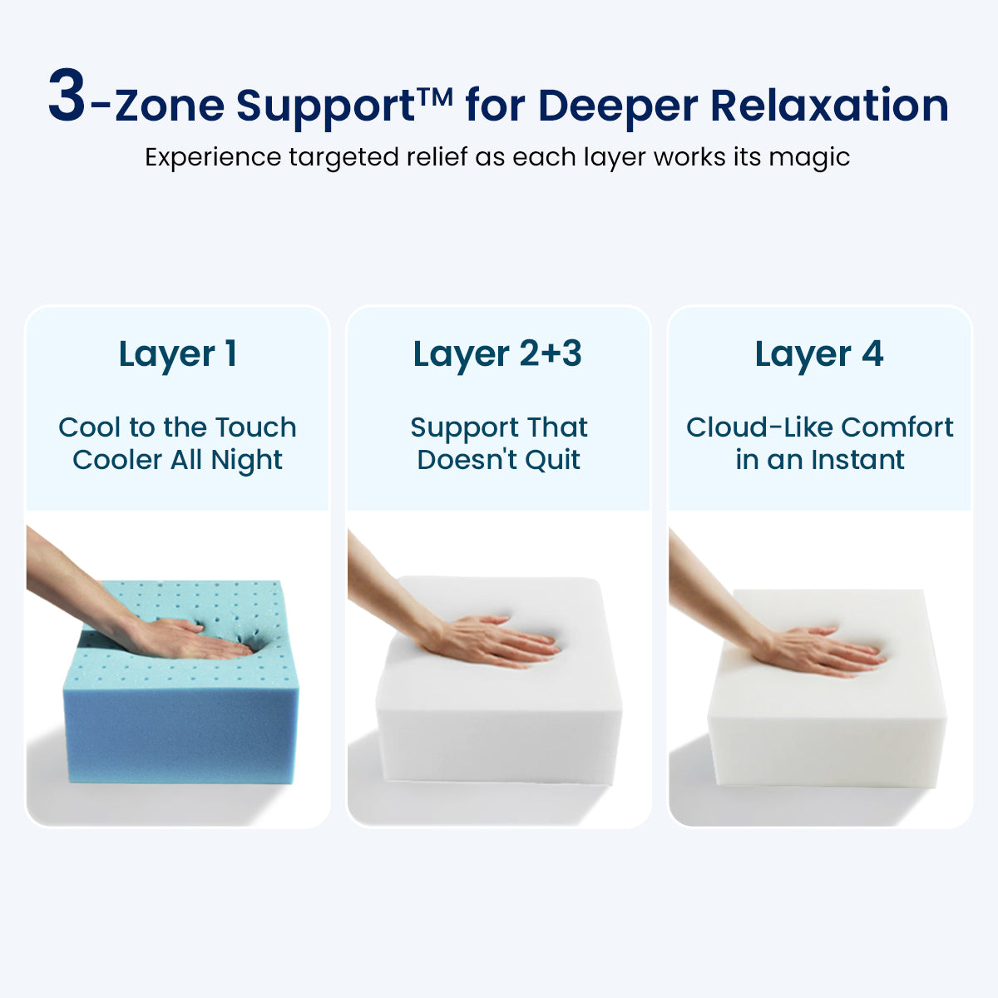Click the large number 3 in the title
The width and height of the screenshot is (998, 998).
click(67, 97)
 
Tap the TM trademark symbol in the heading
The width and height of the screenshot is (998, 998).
click(435, 96)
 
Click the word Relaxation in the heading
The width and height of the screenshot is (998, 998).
click(828, 106)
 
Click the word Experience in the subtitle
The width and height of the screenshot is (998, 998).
click(213, 158)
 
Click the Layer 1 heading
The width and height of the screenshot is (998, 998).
click(178, 354)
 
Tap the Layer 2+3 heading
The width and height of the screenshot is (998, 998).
click(497, 354)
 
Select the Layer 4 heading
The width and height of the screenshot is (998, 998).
click(819, 354)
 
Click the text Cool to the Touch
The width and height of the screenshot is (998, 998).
click(177, 427)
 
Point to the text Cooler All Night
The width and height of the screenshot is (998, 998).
click(177, 460)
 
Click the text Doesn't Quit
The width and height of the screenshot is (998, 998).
click(498, 460)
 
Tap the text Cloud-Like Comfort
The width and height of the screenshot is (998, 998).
click(819, 427)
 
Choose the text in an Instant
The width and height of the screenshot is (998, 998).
click(819, 460)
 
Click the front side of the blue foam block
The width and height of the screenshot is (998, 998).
click(179, 732)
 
